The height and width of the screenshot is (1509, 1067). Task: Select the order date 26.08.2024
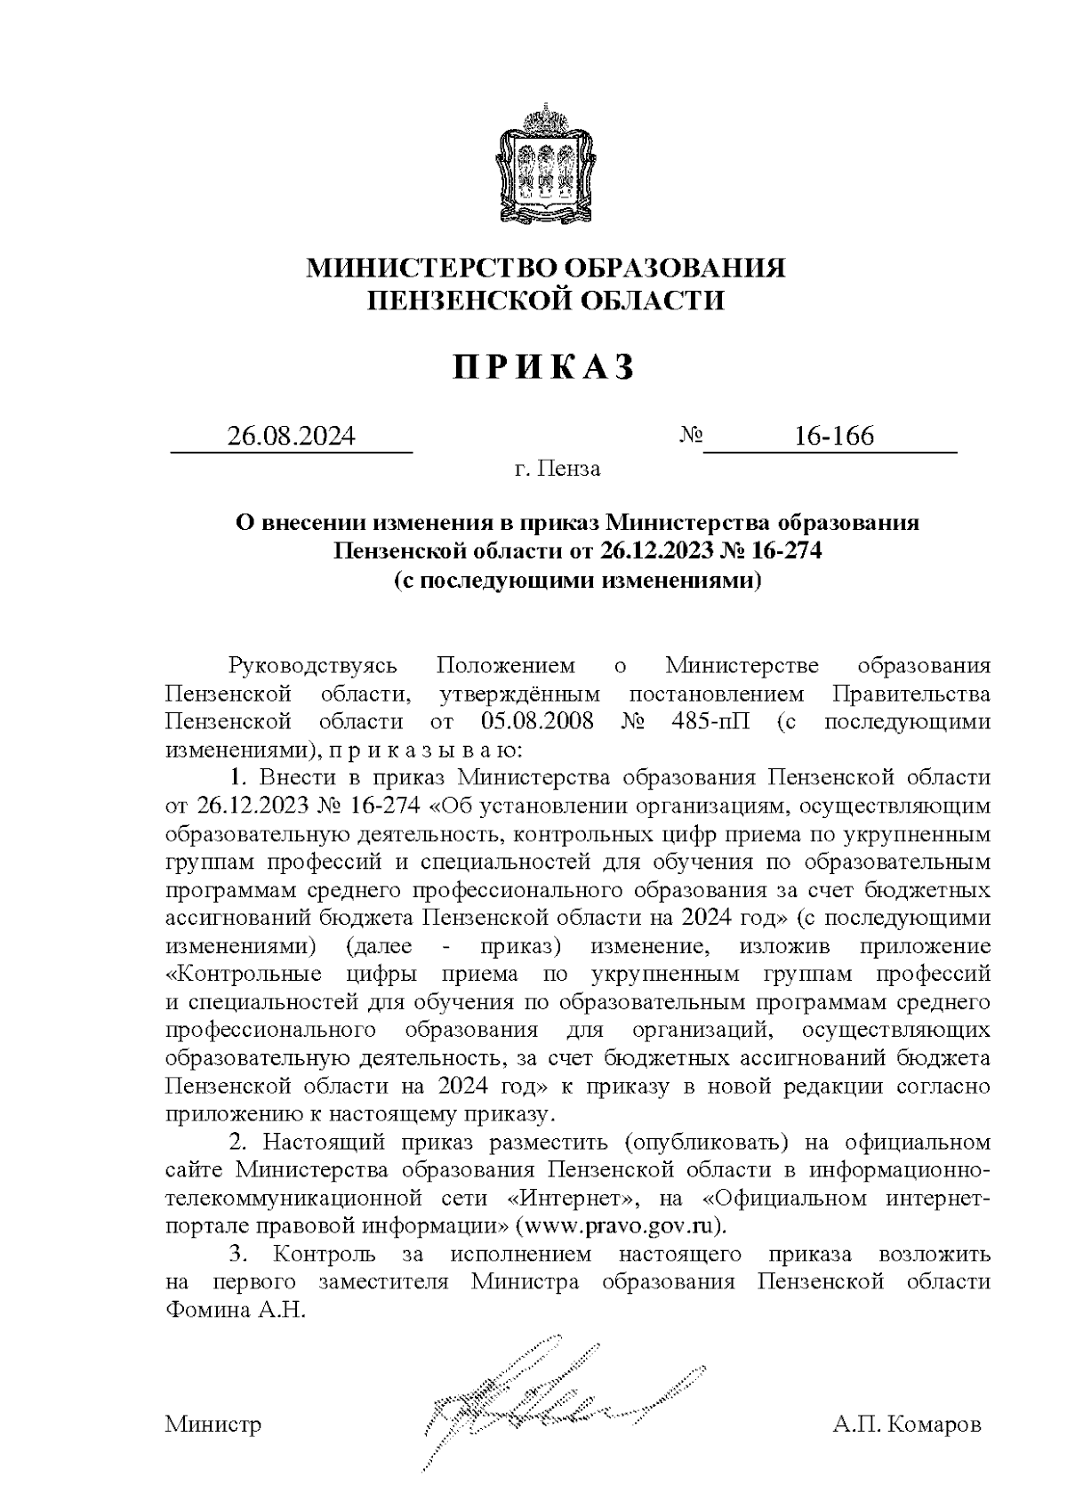coord(292,437)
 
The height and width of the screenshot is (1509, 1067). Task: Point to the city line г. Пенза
coord(558,469)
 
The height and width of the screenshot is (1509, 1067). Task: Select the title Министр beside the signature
coord(213,1425)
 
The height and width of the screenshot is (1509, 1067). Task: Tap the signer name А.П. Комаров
coord(907,1425)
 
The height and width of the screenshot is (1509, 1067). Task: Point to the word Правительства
coord(910,693)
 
